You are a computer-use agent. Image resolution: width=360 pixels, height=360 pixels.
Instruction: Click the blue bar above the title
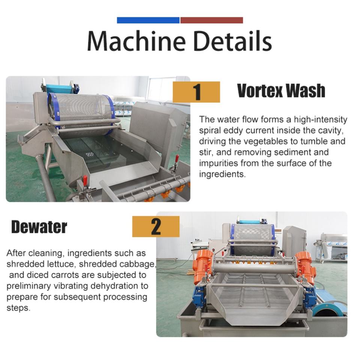pyautogui.click(x=148, y=20)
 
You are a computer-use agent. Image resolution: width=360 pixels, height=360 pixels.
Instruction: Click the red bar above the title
pyautogui.click(x=211, y=20)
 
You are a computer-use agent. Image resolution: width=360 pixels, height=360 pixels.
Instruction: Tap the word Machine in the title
pyautogui.click(x=136, y=40)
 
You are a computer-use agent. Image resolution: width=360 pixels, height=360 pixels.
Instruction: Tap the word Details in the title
pyautogui.click(x=232, y=40)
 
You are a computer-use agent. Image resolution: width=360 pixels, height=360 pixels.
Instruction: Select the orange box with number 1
pyautogui.click(x=196, y=92)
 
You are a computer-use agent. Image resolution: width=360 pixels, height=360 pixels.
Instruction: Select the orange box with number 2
pyautogui.click(x=156, y=226)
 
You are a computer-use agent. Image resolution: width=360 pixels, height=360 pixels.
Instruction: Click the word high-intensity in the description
pyautogui.click(x=321, y=120)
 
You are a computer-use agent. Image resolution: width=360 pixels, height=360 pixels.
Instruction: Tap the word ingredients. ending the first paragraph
pyautogui.click(x=222, y=174)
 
